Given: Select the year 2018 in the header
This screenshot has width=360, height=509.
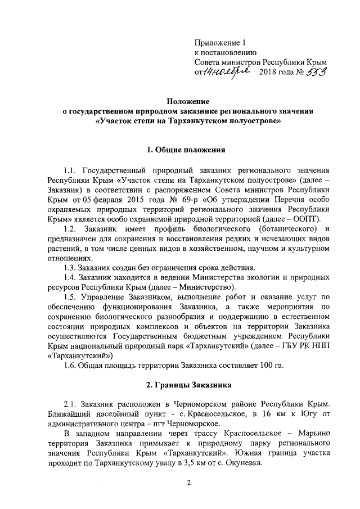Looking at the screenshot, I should [268, 73].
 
